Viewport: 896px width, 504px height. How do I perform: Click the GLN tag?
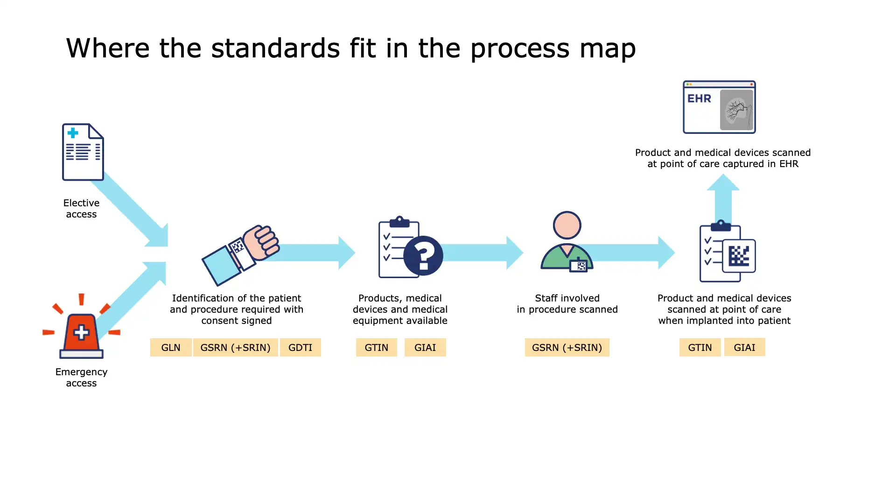tap(171, 348)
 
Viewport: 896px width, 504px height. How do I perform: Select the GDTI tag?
tap(300, 348)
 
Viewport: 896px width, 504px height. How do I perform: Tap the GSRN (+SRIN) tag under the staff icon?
tap(567, 348)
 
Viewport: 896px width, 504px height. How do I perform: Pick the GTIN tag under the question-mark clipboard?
tap(376, 348)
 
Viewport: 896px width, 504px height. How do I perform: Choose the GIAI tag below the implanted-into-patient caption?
tap(744, 347)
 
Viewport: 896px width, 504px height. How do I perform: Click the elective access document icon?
tap(83, 152)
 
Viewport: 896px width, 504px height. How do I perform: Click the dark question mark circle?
tap(423, 255)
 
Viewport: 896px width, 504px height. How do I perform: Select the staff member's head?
tap(567, 225)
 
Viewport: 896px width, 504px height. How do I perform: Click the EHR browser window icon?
tap(719, 107)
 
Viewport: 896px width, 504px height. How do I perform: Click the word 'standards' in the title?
tap(275, 48)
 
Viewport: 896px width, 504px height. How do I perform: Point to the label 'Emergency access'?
tap(81, 378)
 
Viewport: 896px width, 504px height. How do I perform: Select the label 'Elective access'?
tap(81, 209)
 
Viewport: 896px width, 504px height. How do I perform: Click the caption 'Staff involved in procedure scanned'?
tap(567, 304)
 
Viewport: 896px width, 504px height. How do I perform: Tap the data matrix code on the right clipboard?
tap(739, 256)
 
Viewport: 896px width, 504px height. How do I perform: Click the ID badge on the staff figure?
tap(579, 265)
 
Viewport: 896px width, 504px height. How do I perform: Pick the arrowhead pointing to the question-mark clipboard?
tap(346, 252)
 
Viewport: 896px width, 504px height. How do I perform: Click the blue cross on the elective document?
tap(73, 133)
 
